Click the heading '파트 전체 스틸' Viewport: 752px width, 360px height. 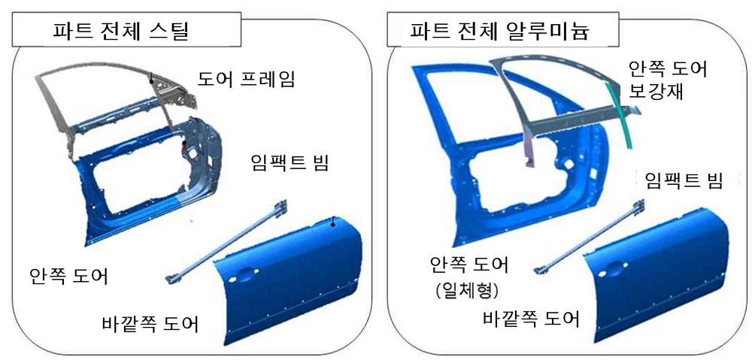pos(121,32)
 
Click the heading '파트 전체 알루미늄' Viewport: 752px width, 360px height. pos(499,32)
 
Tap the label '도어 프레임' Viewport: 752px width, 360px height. pos(247,80)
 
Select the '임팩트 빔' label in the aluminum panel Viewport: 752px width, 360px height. pos(684,180)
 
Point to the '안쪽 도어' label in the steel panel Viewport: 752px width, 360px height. pos(69,277)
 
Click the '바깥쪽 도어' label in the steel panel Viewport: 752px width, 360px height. pos(150,324)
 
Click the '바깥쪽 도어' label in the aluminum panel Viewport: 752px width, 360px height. pos(531,319)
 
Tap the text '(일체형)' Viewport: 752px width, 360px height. pos(463,291)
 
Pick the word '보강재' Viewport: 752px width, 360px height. pos(656,90)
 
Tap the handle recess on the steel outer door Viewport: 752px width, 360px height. pos(244,274)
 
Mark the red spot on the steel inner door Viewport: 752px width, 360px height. pos(183,145)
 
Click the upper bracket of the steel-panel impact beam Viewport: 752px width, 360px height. pos(281,207)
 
